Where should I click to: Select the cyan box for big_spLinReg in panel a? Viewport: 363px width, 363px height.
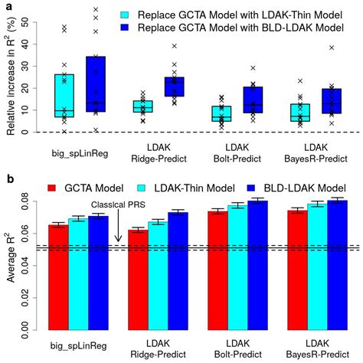64,95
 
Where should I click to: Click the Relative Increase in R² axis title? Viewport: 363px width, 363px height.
11,77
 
